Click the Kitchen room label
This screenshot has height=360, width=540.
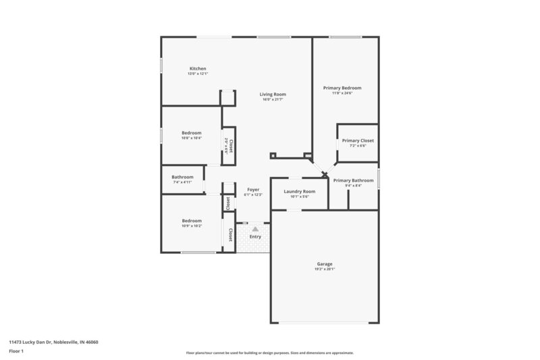pyautogui.click(x=197, y=68)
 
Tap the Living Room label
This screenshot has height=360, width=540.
pyautogui.click(x=273, y=94)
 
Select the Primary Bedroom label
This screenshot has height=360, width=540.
pyautogui.click(x=342, y=88)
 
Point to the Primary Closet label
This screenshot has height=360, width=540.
pyautogui.click(x=358, y=140)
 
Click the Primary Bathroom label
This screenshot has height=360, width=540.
pyautogui.click(x=353, y=180)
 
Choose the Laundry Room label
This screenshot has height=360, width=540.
pyautogui.click(x=299, y=192)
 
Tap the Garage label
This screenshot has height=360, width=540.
pyautogui.click(x=325, y=264)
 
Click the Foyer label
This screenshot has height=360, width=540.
pyautogui.click(x=253, y=190)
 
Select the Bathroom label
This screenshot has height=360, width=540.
pyautogui.click(x=182, y=177)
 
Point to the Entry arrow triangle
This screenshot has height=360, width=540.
pyautogui.click(x=255, y=229)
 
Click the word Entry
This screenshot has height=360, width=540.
pyautogui.click(x=255, y=236)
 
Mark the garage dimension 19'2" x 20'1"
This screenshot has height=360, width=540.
pyautogui.click(x=325, y=269)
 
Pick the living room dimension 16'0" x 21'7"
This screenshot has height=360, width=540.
pyautogui.click(x=273, y=100)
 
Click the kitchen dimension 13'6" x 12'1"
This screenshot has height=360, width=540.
pyautogui.click(x=197, y=74)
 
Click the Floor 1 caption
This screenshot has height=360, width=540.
pyautogui.click(x=17, y=351)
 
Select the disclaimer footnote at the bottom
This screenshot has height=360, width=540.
pyautogui.click(x=269, y=353)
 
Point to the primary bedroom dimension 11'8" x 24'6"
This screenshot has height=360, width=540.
pyautogui.click(x=342, y=93)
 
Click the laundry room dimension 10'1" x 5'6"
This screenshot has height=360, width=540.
pyautogui.click(x=299, y=197)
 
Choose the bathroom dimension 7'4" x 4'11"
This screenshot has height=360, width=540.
pyautogui.click(x=182, y=182)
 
